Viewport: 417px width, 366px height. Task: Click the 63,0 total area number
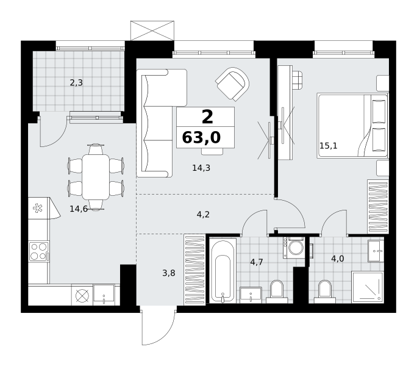(201, 138)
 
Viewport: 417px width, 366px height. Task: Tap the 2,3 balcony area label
(76, 83)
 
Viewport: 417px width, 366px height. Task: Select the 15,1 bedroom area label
(329, 146)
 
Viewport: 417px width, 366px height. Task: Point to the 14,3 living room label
(201, 168)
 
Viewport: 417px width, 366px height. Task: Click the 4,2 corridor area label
(203, 214)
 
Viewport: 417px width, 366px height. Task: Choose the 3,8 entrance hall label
(169, 273)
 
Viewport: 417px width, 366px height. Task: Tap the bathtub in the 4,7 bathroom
(223, 270)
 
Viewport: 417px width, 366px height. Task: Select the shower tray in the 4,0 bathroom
(368, 287)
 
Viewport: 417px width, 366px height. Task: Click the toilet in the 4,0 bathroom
(325, 292)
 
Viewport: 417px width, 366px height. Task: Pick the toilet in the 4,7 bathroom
(277, 292)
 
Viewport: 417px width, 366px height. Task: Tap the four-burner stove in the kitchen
(39, 251)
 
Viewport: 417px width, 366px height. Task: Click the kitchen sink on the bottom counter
(104, 294)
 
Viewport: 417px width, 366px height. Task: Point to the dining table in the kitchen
(96, 177)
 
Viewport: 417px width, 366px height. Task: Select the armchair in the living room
(232, 84)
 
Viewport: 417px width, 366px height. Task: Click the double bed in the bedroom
(352, 126)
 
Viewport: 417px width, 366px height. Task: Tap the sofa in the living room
(162, 123)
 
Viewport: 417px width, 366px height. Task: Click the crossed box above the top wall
(152, 30)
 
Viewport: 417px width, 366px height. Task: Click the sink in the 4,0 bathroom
(376, 251)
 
